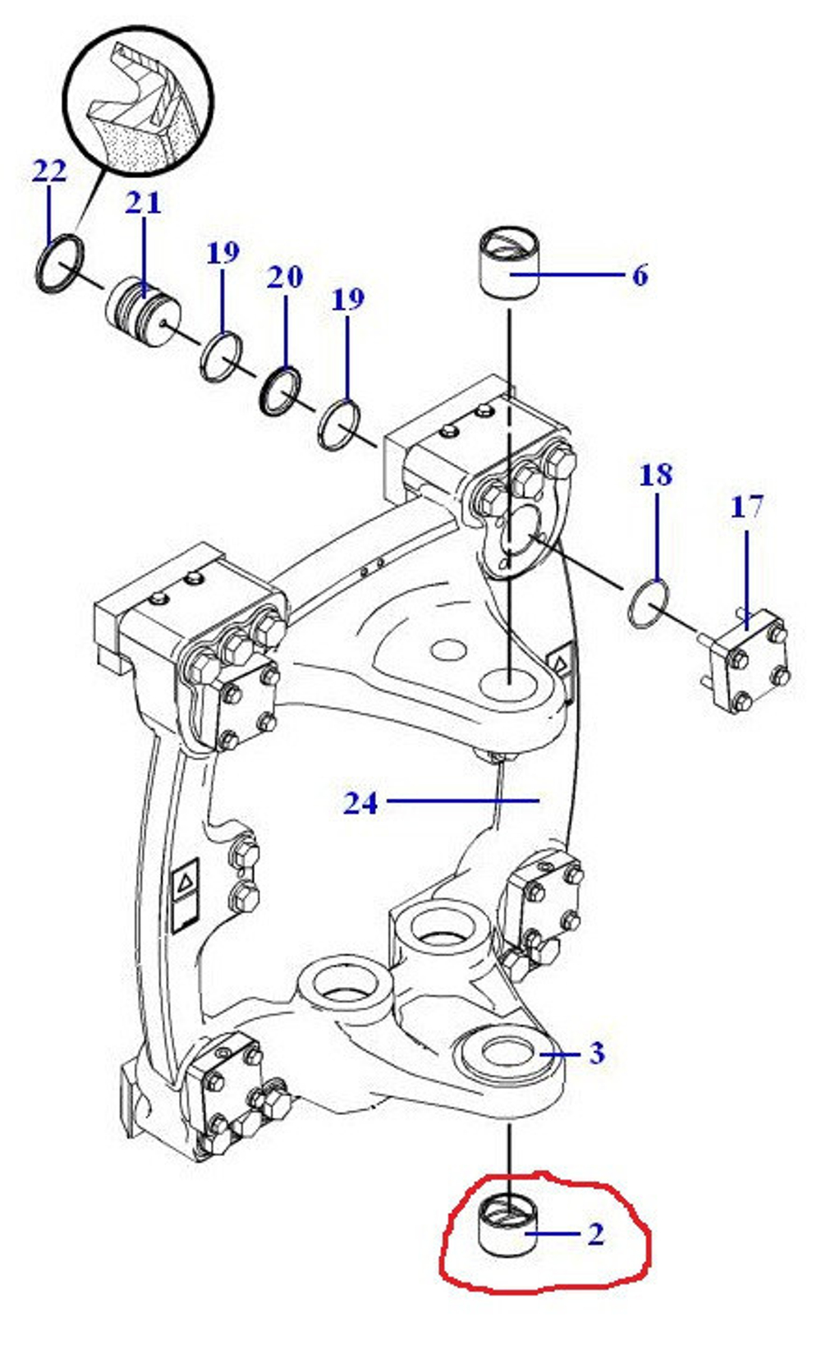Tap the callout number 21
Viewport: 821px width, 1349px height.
pyautogui.click(x=144, y=204)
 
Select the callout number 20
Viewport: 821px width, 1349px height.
pyautogui.click(x=285, y=277)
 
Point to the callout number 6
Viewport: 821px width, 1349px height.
pyautogui.click(x=640, y=275)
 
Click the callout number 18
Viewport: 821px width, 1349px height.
pyautogui.click(x=655, y=475)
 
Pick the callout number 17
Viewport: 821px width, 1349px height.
pyautogui.click(x=747, y=507)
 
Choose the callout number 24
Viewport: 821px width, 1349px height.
pyautogui.click(x=360, y=803)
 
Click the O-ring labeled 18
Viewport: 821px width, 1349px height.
pyautogui.click(x=648, y=604)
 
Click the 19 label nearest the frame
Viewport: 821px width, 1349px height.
pyautogui.click(x=348, y=300)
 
